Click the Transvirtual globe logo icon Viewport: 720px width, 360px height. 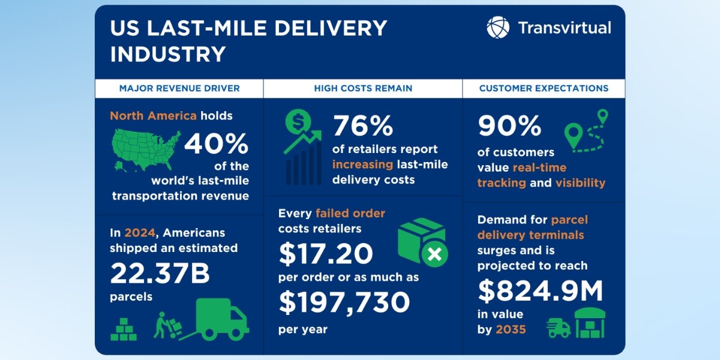[x=498, y=28]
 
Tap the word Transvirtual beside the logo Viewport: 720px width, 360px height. [x=564, y=28]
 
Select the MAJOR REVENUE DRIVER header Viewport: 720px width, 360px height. [x=179, y=88]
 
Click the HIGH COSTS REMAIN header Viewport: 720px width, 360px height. [x=363, y=88]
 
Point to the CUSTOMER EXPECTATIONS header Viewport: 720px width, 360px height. [x=544, y=88]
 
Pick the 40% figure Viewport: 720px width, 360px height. [x=216, y=144]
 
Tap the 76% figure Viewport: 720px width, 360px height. [x=363, y=126]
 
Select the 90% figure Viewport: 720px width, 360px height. [x=509, y=126]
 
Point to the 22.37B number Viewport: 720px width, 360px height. [x=160, y=274]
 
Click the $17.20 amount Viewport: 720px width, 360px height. [x=326, y=254]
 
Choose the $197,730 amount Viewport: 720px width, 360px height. [x=344, y=303]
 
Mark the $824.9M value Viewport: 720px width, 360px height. [x=540, y=291]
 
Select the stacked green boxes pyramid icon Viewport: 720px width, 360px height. [x=124, y=329]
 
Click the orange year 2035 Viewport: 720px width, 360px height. [x=511, y=329]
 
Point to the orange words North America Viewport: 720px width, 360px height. [x=153, y=115]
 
